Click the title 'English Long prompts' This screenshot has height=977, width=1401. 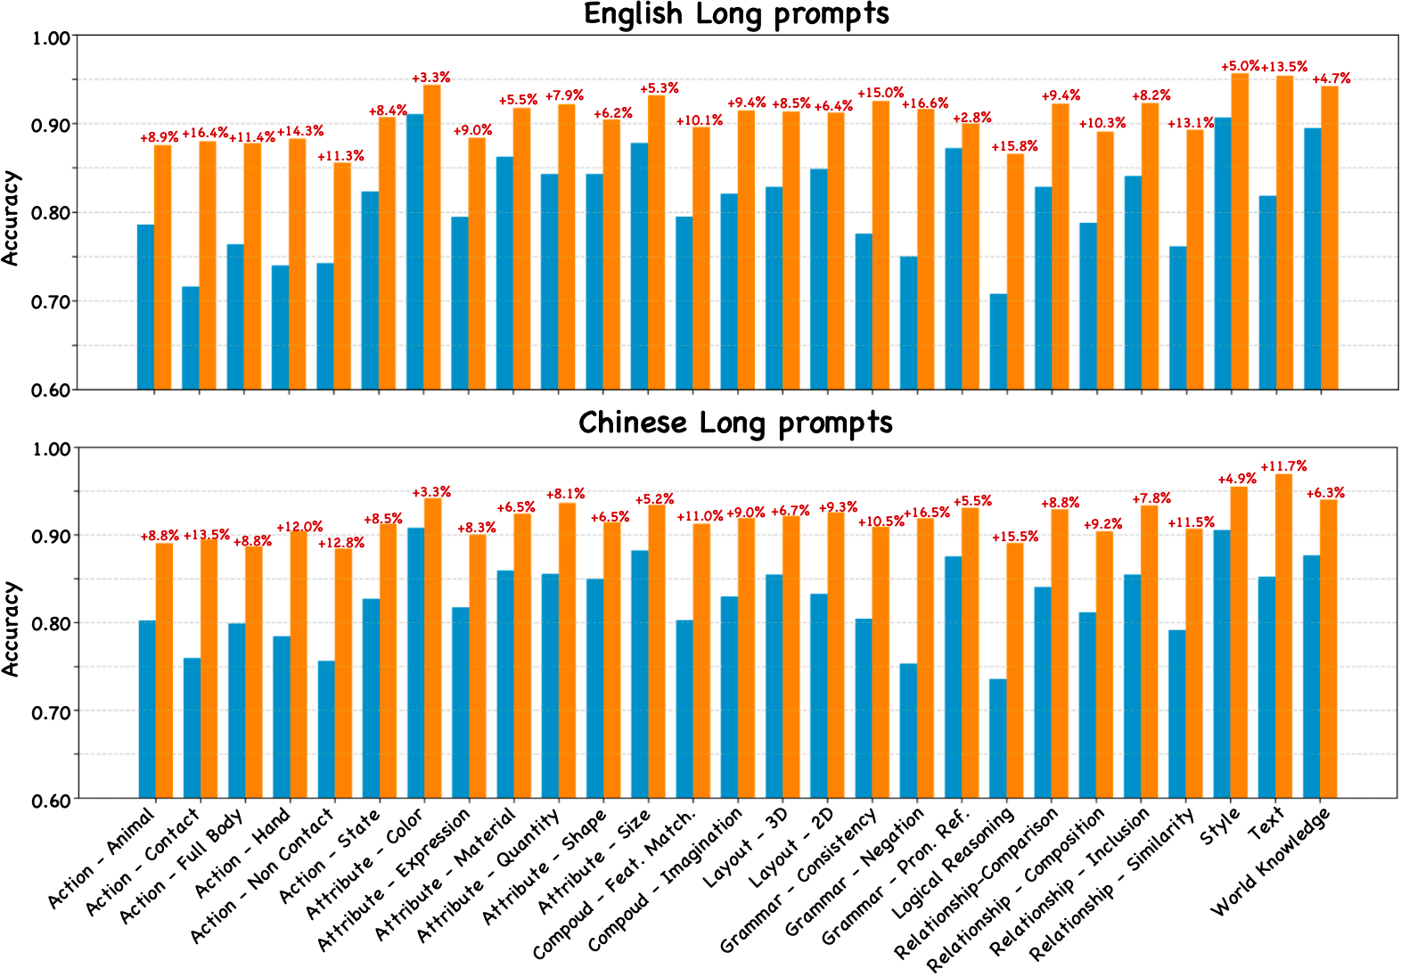point(736,14)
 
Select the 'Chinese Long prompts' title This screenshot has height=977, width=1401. point(736,423)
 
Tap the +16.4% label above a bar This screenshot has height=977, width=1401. point(205,134)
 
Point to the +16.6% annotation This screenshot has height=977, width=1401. point(925,104)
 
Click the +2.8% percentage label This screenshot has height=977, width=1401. point(972,119)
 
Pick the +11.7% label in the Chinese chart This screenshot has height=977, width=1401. point(1283,466)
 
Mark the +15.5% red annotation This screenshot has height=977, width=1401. point(1015,537)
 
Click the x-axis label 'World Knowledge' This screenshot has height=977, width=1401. point(1271,861)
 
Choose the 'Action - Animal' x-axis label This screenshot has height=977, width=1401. point(102,858)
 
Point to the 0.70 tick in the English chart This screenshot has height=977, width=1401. point(51,301)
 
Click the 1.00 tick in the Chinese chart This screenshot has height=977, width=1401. point(51,448)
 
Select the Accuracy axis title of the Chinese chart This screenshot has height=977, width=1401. point(11,628)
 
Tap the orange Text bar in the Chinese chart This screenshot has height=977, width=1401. point(1283,636)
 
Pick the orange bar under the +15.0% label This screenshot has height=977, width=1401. point(881,245)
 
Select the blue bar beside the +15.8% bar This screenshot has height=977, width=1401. point(998,341)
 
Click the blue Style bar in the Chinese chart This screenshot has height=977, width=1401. point(1222,664)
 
